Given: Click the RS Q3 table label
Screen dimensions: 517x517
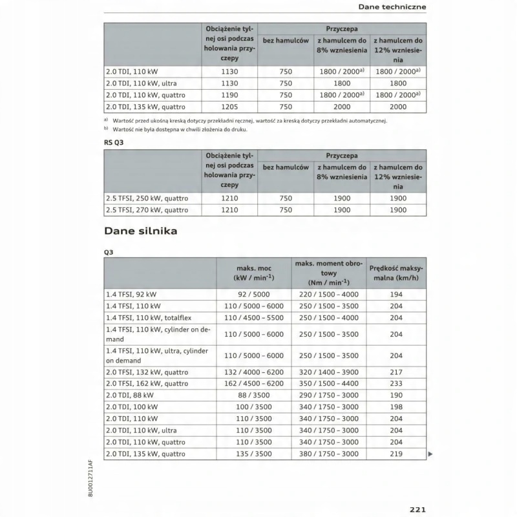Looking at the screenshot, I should [114, 143].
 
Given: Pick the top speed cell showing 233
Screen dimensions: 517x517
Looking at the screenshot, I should [396, 383].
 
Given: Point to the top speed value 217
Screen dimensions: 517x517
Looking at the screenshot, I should [396, 371].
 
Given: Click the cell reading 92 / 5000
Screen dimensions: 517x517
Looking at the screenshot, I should [253, 294].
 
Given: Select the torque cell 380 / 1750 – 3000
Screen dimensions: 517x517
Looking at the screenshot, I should [328, 454].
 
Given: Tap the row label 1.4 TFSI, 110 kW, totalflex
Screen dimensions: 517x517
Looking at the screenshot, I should [149, 317].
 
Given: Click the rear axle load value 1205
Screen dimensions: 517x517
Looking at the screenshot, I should [230, 107].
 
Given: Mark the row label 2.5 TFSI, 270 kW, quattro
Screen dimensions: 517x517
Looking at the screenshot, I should [147, 209].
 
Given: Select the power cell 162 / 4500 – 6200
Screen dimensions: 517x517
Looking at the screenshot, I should [253, 383].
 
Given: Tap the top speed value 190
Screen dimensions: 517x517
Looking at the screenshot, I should [396, 395].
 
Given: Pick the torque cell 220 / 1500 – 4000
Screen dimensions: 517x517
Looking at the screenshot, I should [328, 294].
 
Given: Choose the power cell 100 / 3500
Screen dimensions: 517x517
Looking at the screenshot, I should [253, 406].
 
